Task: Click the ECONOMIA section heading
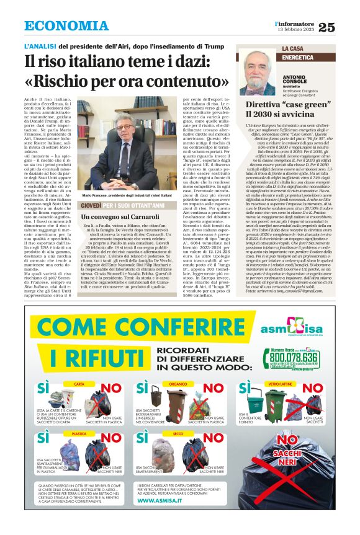tap(66, 26)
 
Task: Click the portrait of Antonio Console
tap(257, 72)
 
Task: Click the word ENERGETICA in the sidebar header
tap(299, 57)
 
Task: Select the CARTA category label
tap(79, 384)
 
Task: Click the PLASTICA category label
tap(79, 434)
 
